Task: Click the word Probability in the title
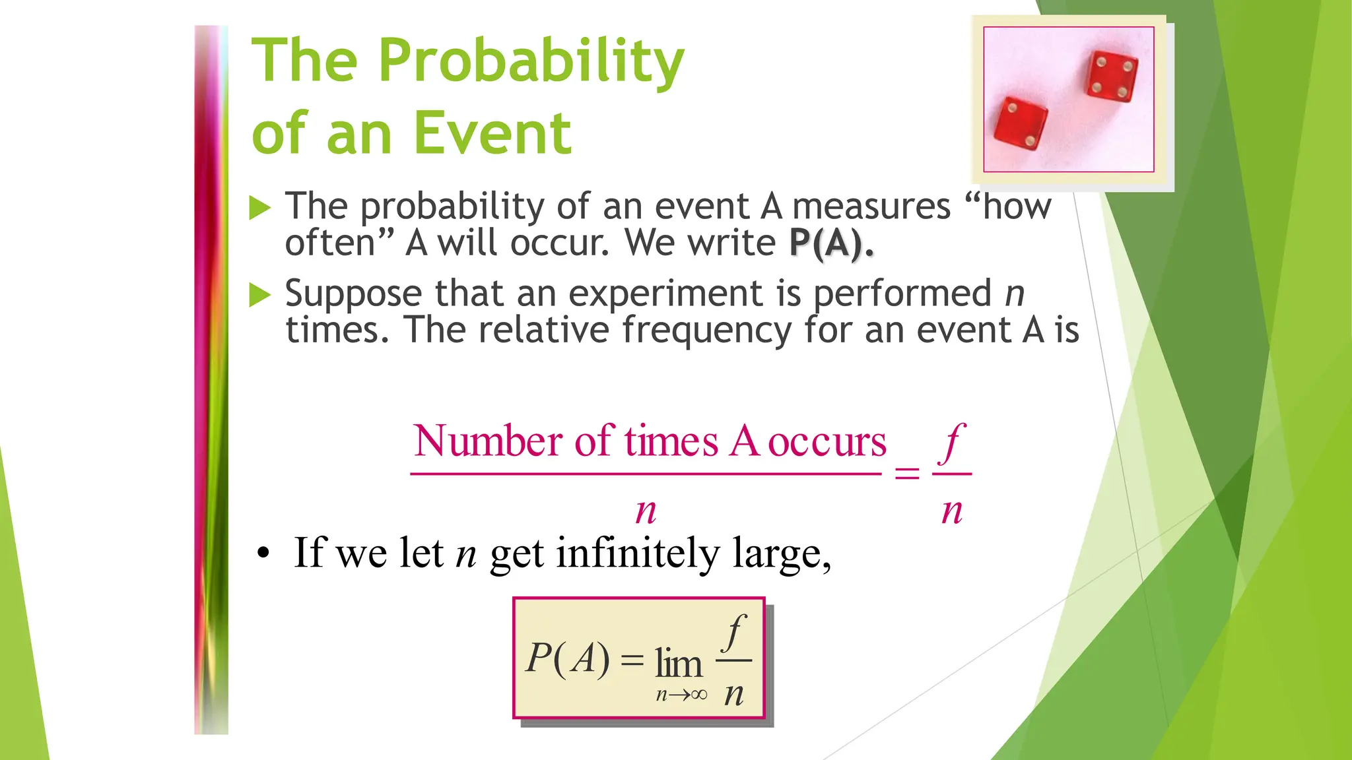click(x=531, y=61)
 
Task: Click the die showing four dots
click(x=1112, y=76)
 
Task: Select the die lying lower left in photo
click(x=1021, y=125)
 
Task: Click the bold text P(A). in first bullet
click(x=831, y=243)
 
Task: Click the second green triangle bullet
click(x=260, y=295)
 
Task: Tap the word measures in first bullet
click(x=871, y=206)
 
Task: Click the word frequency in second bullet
click(x=706, y=330)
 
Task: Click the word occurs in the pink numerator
click(x=827, y=442)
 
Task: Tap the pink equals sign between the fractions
click(x=906, y=473)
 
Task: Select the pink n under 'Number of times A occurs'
click(x=646, y=511)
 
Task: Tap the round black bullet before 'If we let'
click(x=263, y=555)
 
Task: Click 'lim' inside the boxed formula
click(x=678, y=663)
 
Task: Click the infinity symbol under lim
click(x=699, y=695)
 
